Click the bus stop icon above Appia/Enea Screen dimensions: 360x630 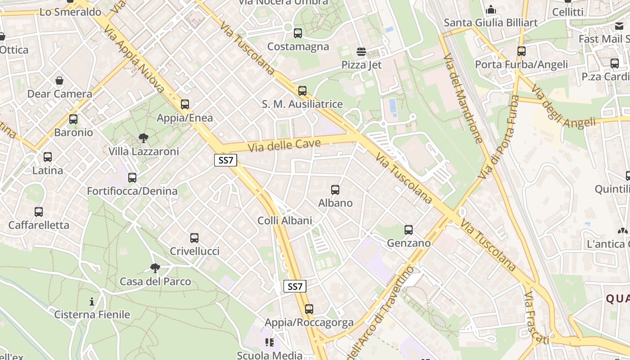click(185, 104)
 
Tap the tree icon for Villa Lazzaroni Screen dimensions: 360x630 click(144, 138)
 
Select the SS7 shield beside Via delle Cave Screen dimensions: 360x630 click(225, 160)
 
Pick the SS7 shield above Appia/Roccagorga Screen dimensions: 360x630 click(295, 286)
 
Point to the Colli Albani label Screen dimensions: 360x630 click(284, 220)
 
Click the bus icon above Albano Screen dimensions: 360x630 click(335, 189)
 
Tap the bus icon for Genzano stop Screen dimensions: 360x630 click(409, 230)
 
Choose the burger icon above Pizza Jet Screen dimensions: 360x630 click(361, 51)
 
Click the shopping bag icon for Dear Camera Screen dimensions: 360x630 click(59, 81)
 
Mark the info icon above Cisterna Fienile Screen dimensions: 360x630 click(92, 301)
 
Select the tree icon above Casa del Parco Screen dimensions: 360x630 click(155, 268)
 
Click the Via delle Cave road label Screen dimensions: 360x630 click(284, 145)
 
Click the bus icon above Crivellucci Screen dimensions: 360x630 click(194, 238)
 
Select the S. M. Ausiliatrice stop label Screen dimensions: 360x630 click(302, 104)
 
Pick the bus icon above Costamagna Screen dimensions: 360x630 click(298, 33)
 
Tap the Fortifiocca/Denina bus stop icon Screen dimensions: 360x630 click(132, 178)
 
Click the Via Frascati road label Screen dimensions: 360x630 click(535, 317)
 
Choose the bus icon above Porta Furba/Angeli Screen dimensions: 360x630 click(522, 51)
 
